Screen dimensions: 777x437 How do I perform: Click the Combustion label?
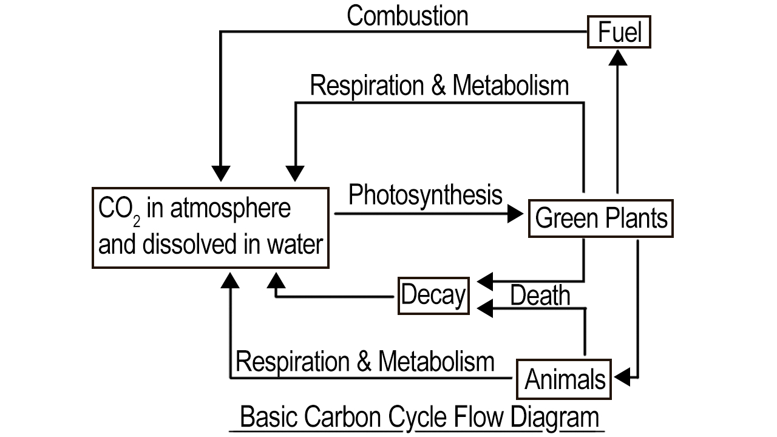407,16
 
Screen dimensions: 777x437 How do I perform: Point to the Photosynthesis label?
426,195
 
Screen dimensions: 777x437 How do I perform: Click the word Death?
540,295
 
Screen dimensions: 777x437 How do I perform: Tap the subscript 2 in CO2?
137,222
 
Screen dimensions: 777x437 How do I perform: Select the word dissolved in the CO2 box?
190,244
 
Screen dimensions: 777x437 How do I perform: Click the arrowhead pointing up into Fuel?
618,58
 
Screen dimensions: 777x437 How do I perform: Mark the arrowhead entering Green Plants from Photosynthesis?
515,214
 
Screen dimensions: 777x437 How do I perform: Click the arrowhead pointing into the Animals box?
622,377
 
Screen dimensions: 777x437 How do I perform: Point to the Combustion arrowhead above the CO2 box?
221,174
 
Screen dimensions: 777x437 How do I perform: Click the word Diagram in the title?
555,418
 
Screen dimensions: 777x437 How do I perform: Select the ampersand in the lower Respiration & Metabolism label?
364,361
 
